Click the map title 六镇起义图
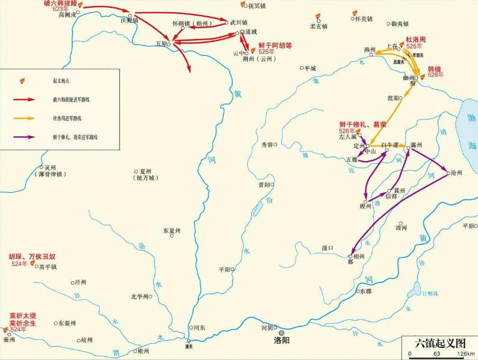[x=441, y=343]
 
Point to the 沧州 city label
[x=456, y=172]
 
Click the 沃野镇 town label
[x=129, y=20]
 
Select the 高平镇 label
[x=47, y=267]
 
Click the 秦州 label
[x=8, y=340]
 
